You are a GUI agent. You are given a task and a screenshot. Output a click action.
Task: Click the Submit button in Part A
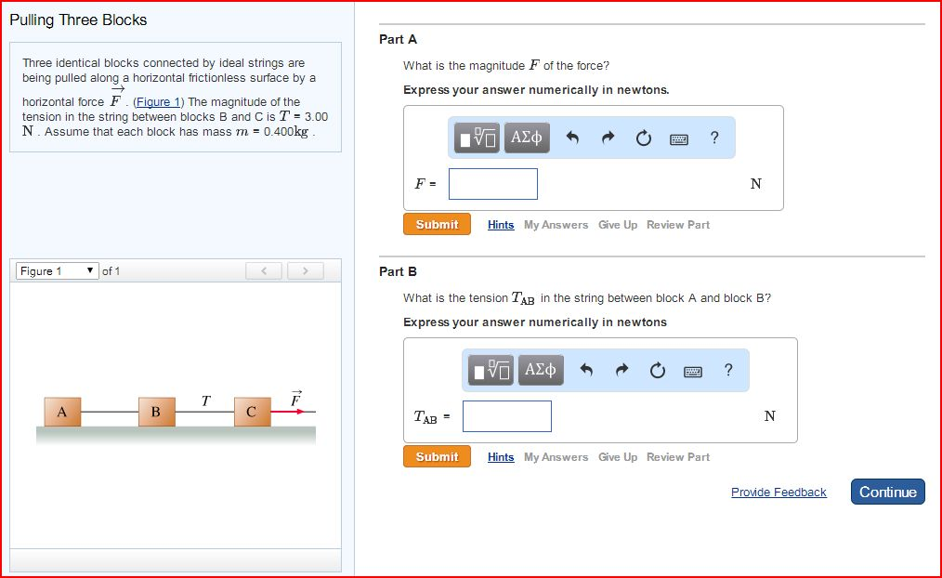click(437, 225)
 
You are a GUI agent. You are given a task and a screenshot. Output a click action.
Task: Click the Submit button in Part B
click(437, 457)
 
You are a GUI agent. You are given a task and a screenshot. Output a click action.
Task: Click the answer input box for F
click(492, 184)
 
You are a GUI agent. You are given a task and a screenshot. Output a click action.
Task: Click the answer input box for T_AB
click(506, 416)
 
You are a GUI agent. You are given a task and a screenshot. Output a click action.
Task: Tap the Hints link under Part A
click(501, 225)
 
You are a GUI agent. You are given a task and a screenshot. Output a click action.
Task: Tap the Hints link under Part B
click(501, 457)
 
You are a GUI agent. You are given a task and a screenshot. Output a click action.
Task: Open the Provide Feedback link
click(778, 493)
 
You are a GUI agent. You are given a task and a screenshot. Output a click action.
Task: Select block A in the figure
click(62, 412)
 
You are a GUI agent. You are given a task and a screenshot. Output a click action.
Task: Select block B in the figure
click(156, 412)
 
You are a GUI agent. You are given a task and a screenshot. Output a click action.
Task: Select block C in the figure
click(252, 412)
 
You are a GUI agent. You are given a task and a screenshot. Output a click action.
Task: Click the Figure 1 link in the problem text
click(154, 102)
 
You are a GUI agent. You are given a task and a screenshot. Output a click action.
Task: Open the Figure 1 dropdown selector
click(57, 271)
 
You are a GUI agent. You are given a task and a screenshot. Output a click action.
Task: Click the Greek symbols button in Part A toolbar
click(527, 138)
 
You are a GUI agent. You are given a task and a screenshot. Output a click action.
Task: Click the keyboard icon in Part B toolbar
click(693, 371)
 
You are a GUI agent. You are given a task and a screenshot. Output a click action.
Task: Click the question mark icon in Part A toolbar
click(713, 138)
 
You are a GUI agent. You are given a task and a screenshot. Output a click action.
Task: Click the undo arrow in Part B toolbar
click(586, 371)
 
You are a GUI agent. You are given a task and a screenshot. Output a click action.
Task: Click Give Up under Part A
click(618, 225)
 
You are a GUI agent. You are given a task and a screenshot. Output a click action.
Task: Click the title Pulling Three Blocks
click(78, 20)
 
